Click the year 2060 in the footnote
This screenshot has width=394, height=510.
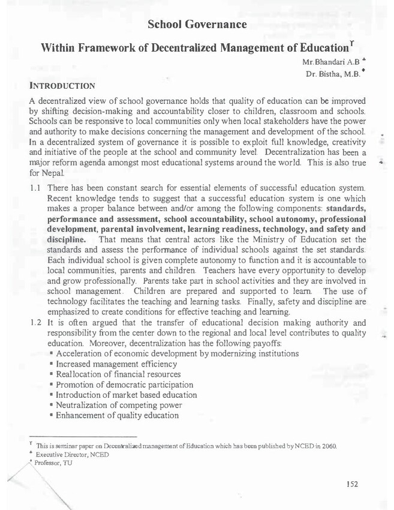pos(329,446)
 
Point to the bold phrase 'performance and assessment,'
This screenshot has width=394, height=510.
pos(103,228)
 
